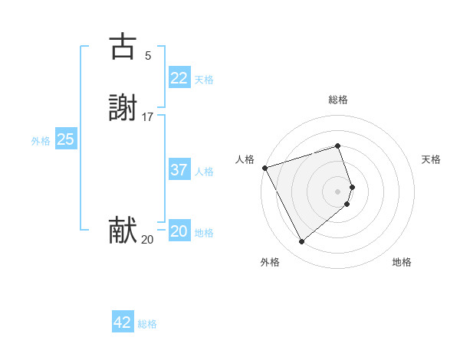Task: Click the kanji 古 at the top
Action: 123,47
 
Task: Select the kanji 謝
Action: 123,109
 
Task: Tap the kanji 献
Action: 123,231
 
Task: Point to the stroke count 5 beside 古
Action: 148,55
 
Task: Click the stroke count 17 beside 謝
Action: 148,117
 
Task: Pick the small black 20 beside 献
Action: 147,240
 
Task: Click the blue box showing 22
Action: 179,78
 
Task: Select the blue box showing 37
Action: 179,170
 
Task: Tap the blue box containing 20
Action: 179,231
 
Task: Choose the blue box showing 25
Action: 65,139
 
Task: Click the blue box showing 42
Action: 123,322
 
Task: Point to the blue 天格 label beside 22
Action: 204,80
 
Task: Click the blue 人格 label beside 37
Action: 204,172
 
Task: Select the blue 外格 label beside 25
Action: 41,141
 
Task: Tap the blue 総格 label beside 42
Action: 147,324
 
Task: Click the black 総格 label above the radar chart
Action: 338,100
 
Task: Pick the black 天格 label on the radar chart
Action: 431,159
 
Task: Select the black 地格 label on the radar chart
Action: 402,262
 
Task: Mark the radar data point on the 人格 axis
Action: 264,168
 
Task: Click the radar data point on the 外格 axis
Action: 301,242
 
